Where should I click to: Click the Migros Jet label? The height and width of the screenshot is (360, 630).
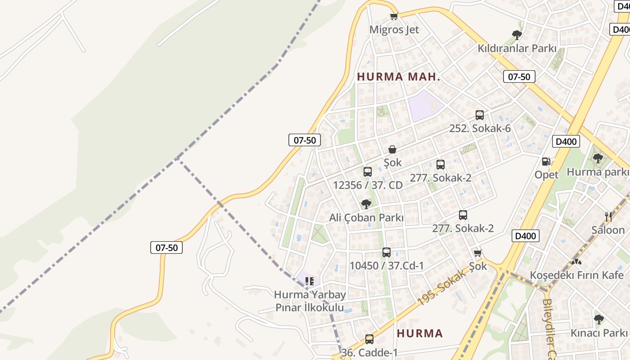394,30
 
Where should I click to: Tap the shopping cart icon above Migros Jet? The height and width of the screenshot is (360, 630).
394,17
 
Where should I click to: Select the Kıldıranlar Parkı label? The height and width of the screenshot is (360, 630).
517,49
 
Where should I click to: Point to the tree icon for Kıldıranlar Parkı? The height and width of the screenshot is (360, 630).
517,35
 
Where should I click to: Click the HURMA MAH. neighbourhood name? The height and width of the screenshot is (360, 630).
398,77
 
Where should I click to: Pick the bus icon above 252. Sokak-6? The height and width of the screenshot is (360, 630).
480,115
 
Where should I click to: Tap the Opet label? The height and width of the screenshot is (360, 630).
546,175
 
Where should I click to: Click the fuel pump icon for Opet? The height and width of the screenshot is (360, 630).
546,162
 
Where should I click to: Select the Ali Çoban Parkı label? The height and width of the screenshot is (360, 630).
366,218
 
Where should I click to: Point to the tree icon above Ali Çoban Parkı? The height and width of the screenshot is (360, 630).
366,204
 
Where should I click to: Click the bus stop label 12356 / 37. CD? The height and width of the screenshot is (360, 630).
368,185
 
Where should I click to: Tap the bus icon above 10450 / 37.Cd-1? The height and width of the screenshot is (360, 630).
387,252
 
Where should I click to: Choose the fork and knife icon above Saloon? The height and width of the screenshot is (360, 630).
608,217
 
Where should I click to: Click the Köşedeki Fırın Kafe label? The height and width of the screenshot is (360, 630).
576,275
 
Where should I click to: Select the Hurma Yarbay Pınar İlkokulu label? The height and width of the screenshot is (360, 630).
310,301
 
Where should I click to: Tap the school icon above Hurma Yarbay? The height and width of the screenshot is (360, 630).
310,281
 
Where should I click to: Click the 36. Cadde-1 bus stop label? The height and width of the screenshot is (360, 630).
369,352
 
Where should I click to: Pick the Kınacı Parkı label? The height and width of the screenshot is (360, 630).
598,333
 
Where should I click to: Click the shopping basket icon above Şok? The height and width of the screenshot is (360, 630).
392,149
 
